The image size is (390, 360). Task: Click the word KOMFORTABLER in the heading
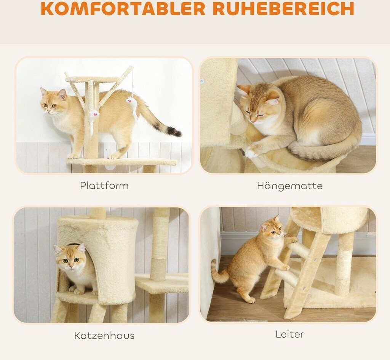tap(123, 8)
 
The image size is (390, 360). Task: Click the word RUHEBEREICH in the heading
tap(283, 8)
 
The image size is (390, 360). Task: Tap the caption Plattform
tap(104, 186)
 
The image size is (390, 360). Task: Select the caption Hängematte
tap(290, 186)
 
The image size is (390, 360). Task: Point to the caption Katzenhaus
tap(104, 335)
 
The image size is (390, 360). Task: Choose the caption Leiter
tap(290, 334)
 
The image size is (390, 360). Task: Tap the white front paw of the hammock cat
tap(251, 152)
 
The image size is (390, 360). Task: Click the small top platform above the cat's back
tap(92, 80)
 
